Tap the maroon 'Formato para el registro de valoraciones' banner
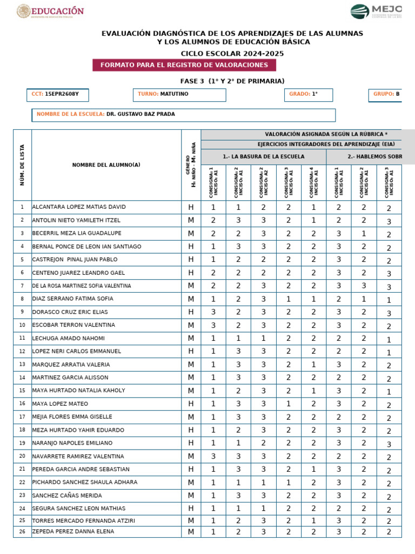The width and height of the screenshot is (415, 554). coord(184,65)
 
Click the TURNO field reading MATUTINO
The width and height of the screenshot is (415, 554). coord(179,94)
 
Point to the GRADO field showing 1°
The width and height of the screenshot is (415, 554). coord(309,94)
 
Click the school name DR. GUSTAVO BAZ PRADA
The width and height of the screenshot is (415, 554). coord(140,114)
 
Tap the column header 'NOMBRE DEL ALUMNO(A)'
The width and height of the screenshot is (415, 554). coord(106,165)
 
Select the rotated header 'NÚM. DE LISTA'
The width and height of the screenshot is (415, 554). coord(22,165)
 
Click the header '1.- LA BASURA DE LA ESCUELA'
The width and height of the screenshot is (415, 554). coord(263,156)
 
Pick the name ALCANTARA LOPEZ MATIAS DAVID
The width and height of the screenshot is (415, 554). coord(79,207)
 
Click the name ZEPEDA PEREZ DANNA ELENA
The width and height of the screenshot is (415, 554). coord(73,531)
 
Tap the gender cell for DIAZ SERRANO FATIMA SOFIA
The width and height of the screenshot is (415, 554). coord(191,299)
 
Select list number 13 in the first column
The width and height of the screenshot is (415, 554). coord(22,365)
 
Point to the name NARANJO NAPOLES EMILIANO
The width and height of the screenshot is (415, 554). coord(72,443)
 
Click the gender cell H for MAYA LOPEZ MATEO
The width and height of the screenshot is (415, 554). coord(191,404)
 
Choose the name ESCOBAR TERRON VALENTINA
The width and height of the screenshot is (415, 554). coord(73,325)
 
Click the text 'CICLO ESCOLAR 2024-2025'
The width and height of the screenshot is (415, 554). coord(232,54)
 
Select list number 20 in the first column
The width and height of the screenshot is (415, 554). coord(22,456)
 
